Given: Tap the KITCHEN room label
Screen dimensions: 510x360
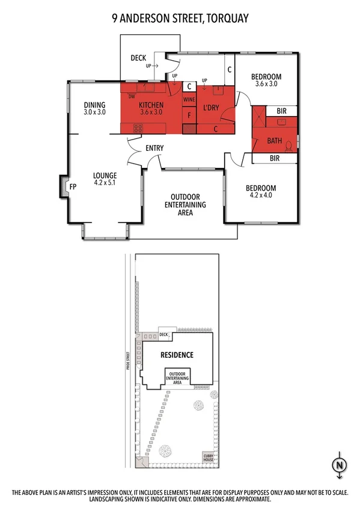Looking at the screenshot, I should (x=151, y=104).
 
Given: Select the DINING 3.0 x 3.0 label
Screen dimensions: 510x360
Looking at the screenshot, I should (x=94, y=108).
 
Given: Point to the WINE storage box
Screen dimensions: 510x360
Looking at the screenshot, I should (x=189, y=99).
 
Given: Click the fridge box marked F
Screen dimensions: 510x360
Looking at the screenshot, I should (x=189, y=114).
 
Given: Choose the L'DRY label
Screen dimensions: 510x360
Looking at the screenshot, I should (x=210, y=107).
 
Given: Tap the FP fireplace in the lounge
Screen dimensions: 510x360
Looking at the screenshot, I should (x=72, y=186).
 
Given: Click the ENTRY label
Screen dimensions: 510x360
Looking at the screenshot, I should (x=154, y=148).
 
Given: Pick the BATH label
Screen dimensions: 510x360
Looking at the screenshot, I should (x=274, y=141).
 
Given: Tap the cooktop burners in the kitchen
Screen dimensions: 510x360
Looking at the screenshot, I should (x=138, y=127).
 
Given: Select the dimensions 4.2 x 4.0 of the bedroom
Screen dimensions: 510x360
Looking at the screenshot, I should (x=260, y=195).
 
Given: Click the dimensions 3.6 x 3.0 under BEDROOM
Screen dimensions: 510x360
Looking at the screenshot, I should (x=266, y=84).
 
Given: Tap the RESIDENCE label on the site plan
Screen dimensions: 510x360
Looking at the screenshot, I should (x=177, y=355).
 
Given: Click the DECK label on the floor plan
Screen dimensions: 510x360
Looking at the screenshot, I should (x=138, y=58).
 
